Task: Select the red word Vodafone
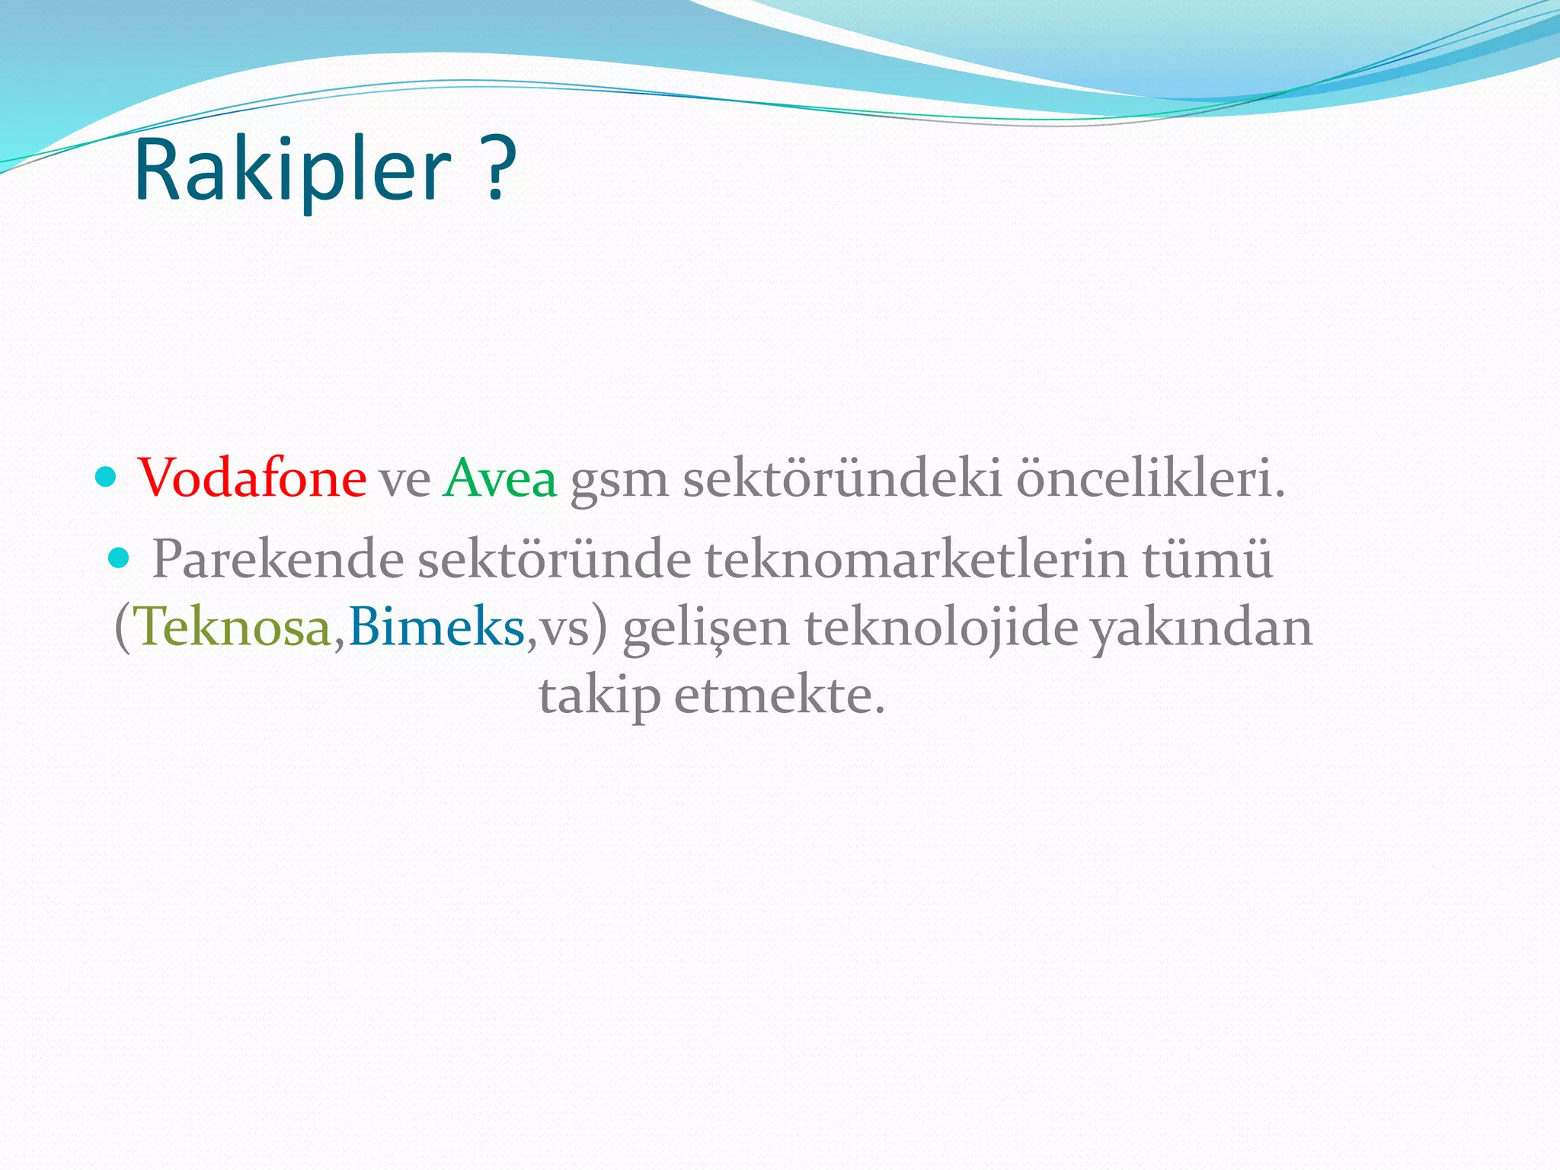click(252, 478)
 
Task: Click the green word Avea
click(500, 478)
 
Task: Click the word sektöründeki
click(842, 478)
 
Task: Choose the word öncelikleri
click(1150, 478)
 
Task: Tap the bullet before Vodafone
click(106, 478)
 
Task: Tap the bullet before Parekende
click(120, 559)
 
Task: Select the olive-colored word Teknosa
click(233, 628)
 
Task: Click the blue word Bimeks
click(436, 628)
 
